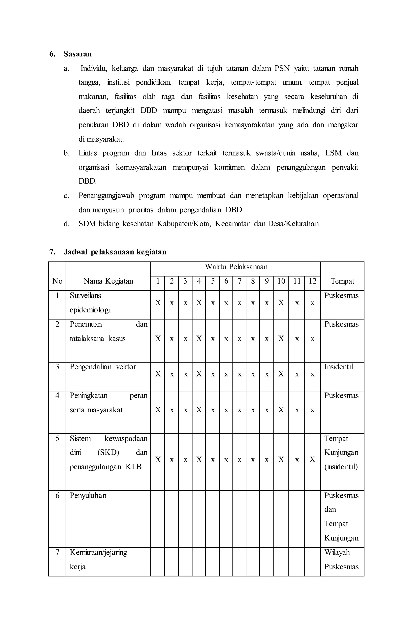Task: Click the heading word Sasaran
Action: [78, 54]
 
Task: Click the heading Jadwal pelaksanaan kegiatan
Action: [115, 252]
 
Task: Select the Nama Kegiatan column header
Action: [108, 281]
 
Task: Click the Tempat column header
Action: [342, 281]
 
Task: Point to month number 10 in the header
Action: [281, 281]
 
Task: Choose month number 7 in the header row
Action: [239, 281]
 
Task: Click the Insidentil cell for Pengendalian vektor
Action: [338, 367]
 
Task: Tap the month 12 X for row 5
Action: [312, 460]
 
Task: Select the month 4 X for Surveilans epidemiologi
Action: [199, 303]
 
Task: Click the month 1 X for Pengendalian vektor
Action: [158, 374]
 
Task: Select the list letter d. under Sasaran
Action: [66, 224]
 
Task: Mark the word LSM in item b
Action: [333, 153]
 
